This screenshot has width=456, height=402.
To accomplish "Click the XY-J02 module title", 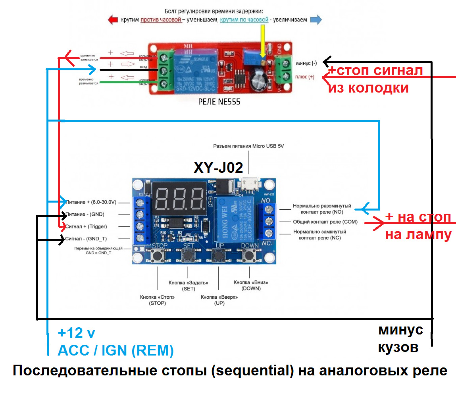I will (x=218, y=167).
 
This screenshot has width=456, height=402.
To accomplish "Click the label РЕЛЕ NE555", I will (x=219, y=102).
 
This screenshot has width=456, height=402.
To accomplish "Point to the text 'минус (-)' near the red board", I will (x=306, y=64).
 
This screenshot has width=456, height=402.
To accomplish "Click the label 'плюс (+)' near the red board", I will (x=305, y=77).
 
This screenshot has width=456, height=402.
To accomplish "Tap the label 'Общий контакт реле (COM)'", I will (x=325, y=222).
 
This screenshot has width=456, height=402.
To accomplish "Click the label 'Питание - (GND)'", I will (x=85, y=214).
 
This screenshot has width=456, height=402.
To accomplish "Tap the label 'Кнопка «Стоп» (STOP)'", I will (x=157, y=300).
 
